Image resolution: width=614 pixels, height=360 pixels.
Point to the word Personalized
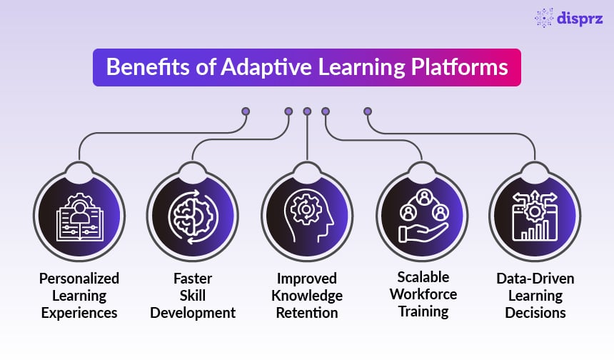79,279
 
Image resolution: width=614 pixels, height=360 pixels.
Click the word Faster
193,279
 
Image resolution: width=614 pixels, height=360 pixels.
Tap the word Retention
307,313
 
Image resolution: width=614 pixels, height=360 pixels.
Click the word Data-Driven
535,279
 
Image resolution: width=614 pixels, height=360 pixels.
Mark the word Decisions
535,313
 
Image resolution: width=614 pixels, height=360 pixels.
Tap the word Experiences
79,313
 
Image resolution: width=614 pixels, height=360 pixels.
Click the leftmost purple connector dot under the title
246,111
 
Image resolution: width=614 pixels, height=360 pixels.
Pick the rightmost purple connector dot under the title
368,111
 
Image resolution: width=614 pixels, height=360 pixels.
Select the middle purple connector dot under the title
307,111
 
